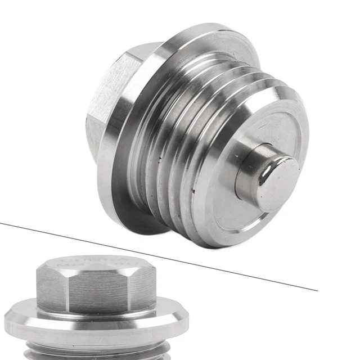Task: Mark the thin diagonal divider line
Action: [169, 254]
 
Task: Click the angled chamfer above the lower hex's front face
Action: [96, 271]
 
